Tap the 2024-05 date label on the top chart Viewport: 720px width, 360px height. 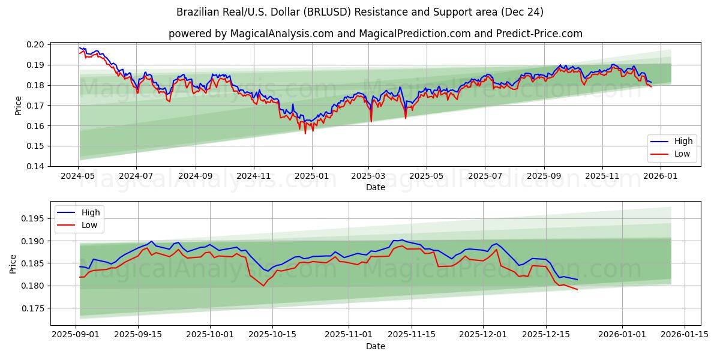click(x=78, y=176)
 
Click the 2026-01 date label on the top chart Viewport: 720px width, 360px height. click(x=661, y=176)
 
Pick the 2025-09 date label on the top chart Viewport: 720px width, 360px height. click(x=544, y=176)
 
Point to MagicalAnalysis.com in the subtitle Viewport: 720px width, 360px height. click(x=282, y=34)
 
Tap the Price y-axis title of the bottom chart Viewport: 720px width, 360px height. click(x=13, y=263)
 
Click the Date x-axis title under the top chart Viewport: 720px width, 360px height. click(x=376, y=187)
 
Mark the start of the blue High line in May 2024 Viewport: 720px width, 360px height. click(x=80, y=47)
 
